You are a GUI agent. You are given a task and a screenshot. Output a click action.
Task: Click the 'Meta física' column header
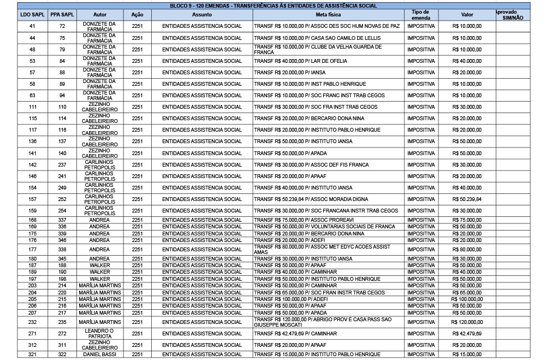[328, 15]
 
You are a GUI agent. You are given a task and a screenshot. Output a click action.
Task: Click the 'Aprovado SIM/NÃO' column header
[512, 15]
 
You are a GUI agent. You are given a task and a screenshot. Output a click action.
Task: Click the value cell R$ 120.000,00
[467, 322]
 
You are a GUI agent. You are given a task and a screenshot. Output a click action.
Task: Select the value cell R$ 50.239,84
[467, 199]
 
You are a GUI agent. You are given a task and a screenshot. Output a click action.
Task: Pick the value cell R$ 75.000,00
[467, 220]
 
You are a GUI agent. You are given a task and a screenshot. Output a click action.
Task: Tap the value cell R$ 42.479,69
[467, 334]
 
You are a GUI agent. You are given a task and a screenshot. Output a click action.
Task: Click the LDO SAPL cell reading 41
[32, 26]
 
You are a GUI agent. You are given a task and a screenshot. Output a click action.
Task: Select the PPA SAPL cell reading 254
[62, 211]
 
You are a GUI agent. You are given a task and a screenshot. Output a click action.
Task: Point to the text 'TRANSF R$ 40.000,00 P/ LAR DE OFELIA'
[300, 61]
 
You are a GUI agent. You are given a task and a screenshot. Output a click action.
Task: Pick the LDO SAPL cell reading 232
[32, 322]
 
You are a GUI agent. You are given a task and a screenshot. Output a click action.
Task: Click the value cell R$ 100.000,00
[467, 299]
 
